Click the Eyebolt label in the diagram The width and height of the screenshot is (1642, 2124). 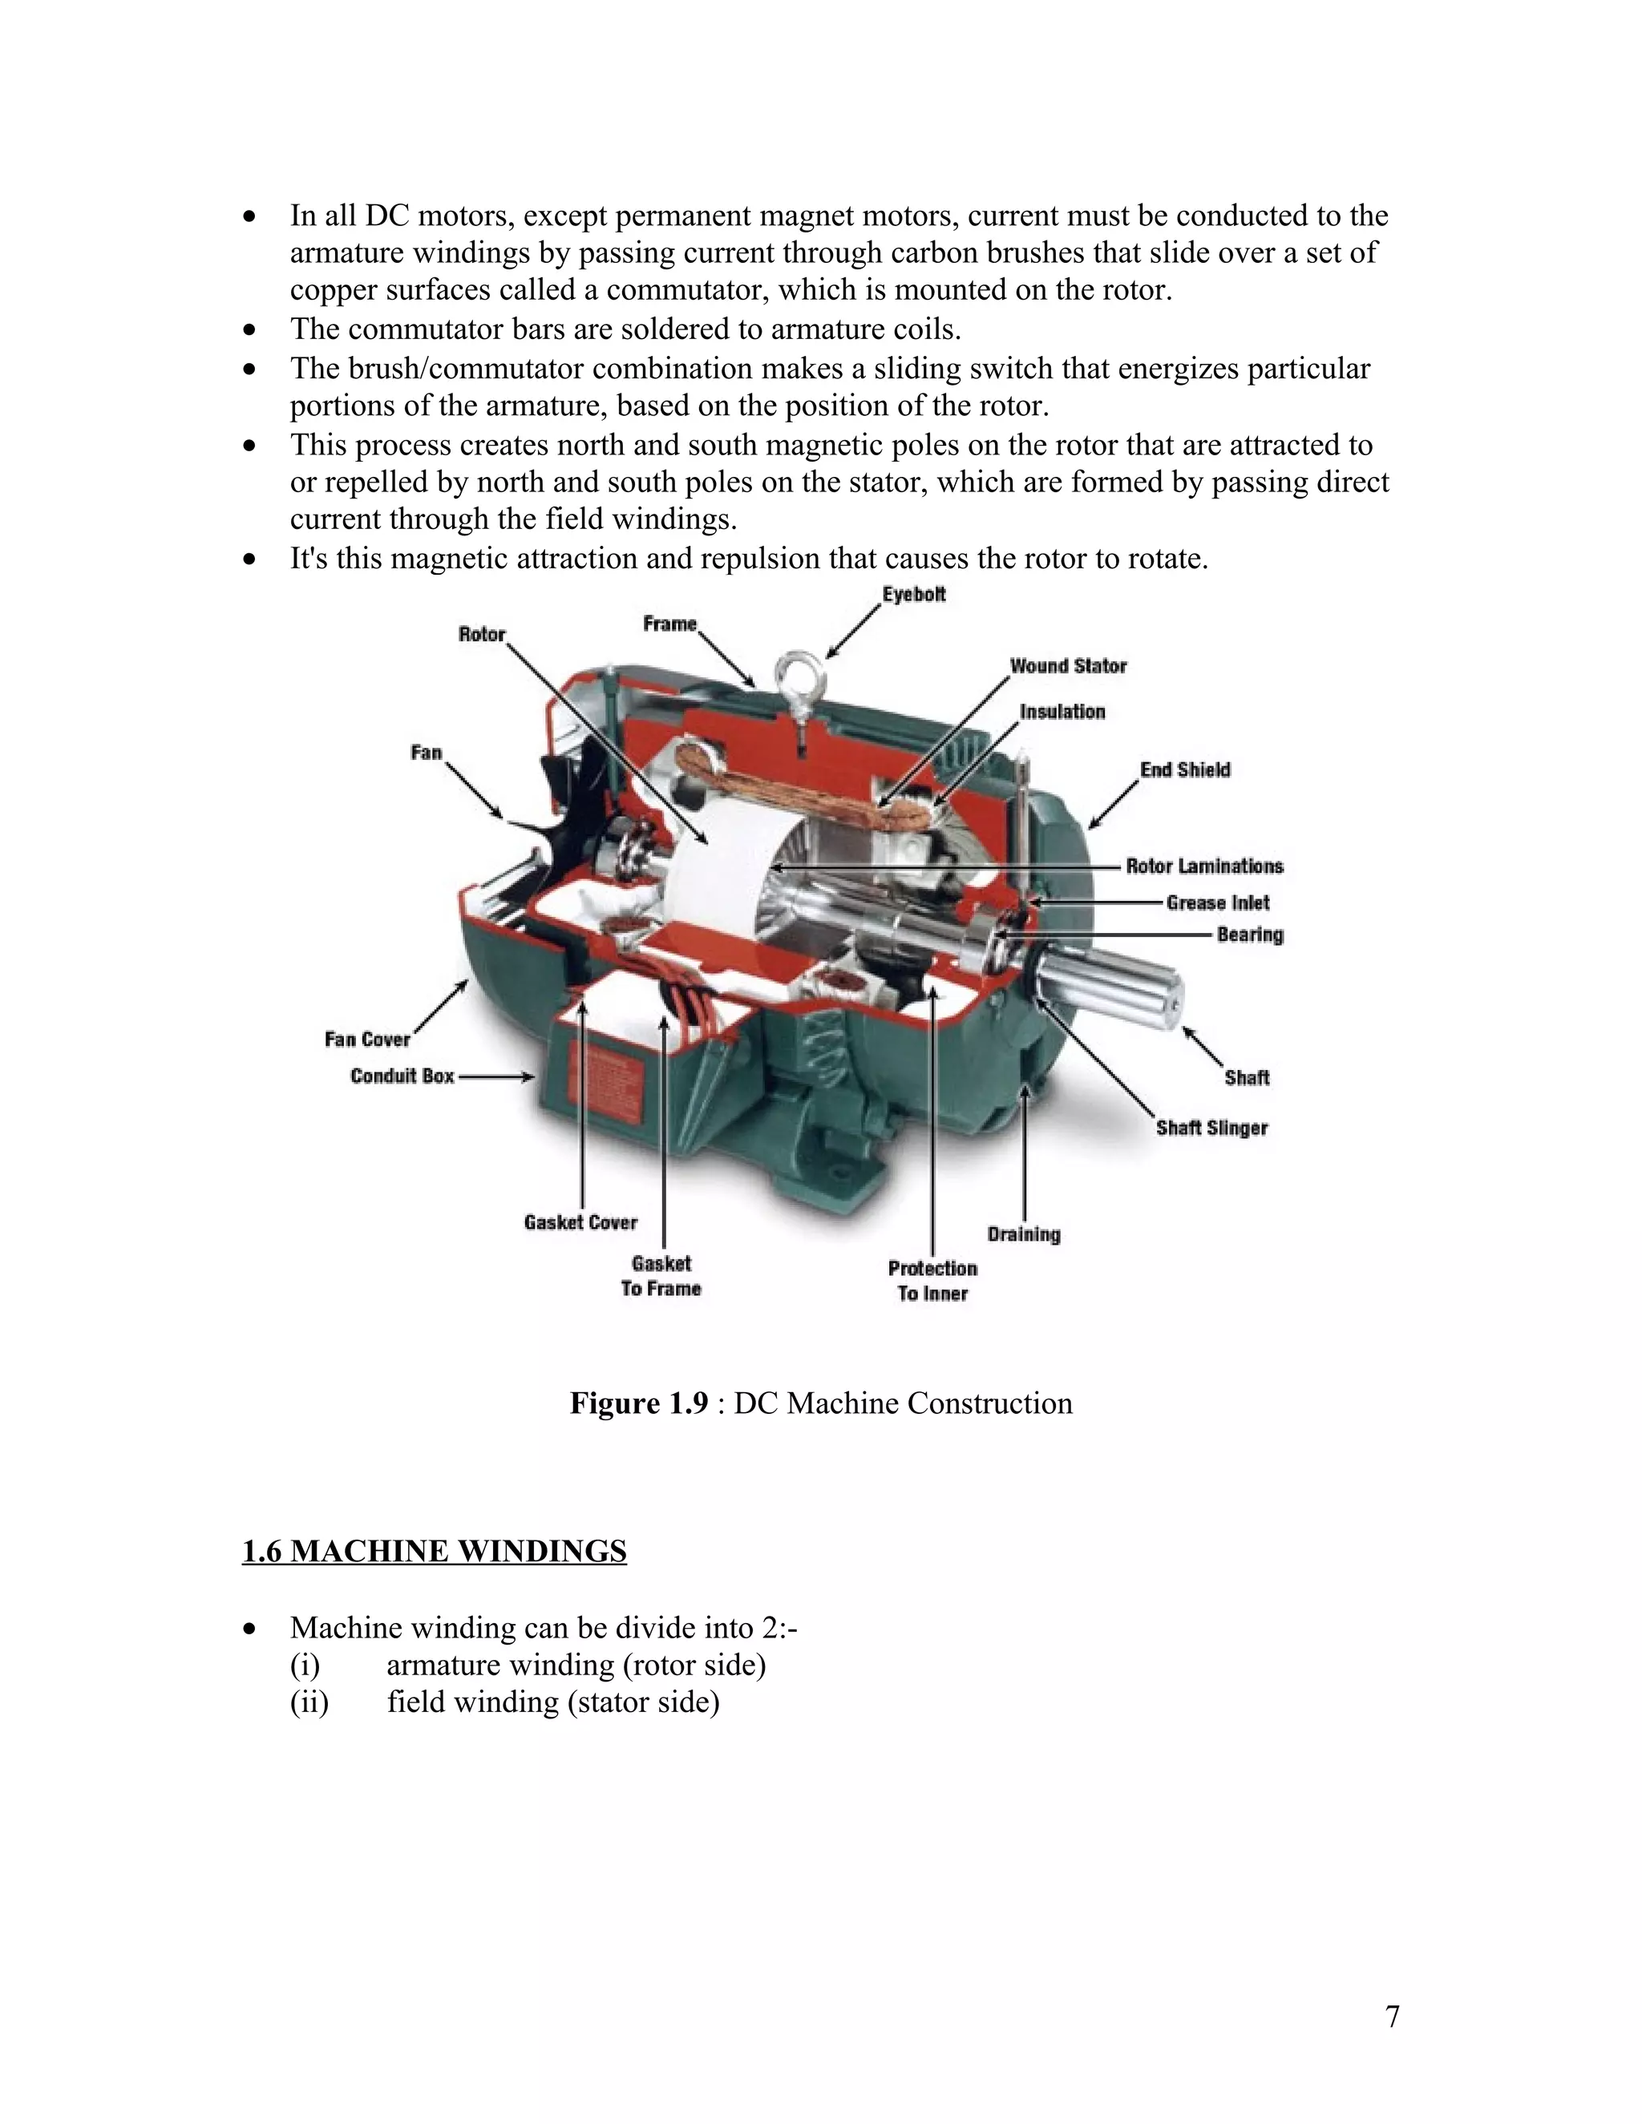(913, 594)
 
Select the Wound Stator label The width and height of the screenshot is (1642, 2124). (1067, 666)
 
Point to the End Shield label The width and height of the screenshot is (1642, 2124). (1185, 770)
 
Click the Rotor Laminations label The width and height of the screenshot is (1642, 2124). (1204, 866)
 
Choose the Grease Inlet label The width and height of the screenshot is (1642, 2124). (1218, 903)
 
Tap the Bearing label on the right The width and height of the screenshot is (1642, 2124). (1250, 935)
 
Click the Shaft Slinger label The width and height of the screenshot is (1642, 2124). (1211, 1129)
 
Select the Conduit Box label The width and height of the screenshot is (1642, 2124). (402, 1076)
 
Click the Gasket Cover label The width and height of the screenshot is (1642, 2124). (580, 1222)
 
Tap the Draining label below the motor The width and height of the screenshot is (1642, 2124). (1023, 1234)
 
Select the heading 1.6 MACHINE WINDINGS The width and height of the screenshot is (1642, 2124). (434, 1550)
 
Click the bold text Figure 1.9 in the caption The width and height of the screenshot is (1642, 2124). (639, 1403)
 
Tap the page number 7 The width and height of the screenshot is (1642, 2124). (1392, 2017)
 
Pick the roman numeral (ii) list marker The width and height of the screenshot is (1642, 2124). (309, 1702)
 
